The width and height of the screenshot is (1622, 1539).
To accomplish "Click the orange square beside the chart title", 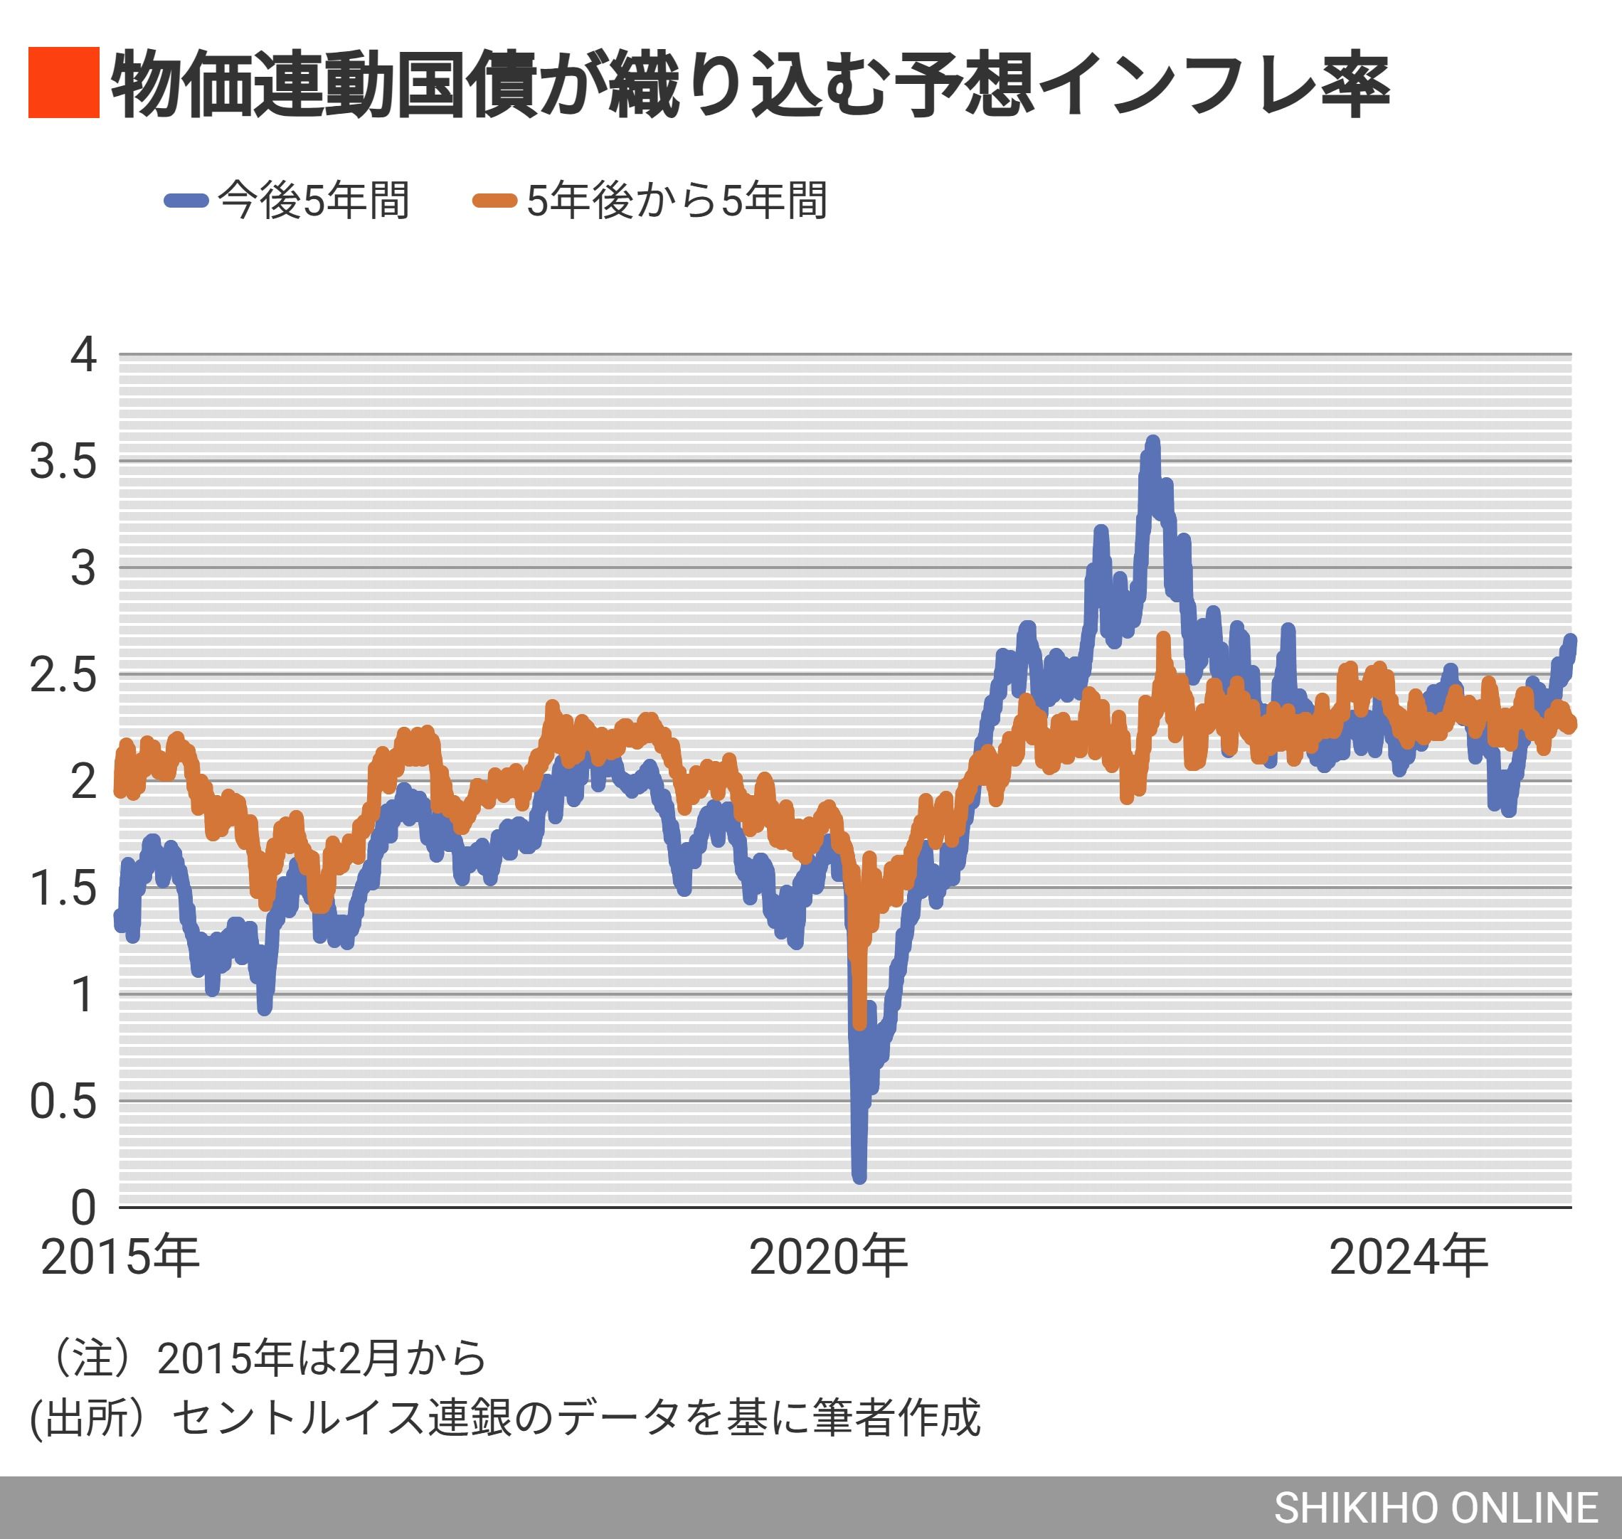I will coord(63,83).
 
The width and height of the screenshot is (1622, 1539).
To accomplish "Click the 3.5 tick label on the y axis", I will coord(63,462).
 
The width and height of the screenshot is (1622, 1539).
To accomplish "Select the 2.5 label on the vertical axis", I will coord(63,674).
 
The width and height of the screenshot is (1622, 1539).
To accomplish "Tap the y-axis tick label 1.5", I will coord(63,888).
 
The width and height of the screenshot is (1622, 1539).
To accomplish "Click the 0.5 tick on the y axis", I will coord(63,1101).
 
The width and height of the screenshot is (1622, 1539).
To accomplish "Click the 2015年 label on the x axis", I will coord(121,1256).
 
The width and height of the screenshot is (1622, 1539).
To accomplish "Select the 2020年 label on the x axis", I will coord(829,1256).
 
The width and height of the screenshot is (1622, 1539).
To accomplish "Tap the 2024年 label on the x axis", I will coord(1409,1256).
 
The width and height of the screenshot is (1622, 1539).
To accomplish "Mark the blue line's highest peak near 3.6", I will coord(1152,443).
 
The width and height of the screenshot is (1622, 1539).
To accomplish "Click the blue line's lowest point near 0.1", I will coord(859,1176).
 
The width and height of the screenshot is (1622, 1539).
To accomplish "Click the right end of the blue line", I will coord(1570,640).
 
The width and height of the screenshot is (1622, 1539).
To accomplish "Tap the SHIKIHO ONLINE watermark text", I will coord(1436,1508).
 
